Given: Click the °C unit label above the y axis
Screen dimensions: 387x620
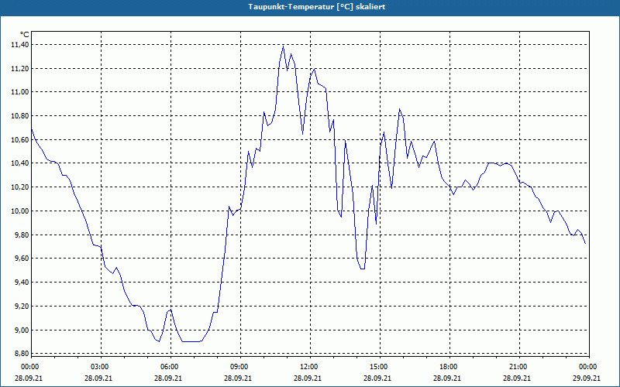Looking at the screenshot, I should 24,35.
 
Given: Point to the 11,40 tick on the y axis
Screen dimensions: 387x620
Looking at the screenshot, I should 19,45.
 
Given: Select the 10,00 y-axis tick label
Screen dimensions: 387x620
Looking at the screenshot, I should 19,211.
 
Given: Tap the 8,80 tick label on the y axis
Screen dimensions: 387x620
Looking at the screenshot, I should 19,354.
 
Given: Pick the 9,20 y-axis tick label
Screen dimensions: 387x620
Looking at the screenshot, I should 19,306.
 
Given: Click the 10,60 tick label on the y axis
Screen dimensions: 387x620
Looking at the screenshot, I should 19,139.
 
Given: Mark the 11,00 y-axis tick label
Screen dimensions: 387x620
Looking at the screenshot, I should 19,92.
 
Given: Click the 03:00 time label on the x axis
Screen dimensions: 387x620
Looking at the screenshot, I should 100,367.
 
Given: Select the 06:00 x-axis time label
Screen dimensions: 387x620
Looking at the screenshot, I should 170,367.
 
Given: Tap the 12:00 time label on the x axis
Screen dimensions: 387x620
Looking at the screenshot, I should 308,367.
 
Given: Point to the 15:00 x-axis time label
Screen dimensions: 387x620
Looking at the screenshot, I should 378,367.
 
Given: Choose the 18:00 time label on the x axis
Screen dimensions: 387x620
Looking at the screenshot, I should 448,367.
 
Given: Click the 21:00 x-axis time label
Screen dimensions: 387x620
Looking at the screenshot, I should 518,367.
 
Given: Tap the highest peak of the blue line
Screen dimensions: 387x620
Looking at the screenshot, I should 283,46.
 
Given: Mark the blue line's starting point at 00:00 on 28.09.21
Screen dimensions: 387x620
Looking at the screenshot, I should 31,128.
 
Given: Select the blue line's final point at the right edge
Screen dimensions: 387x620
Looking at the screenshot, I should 585,243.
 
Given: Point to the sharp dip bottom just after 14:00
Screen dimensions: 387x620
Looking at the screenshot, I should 362,269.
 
